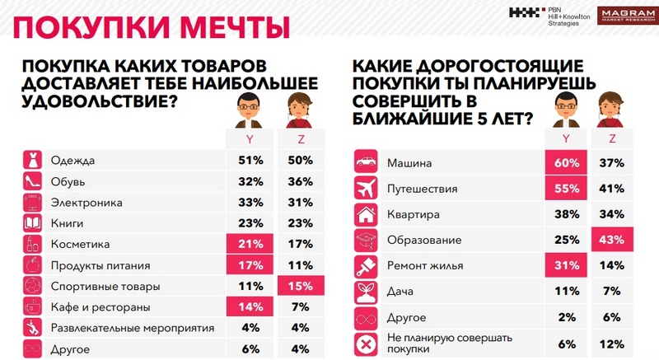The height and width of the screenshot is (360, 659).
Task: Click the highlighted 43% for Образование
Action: click(x=611, y=240)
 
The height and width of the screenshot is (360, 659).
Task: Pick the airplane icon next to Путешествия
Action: click(x=365, y=188)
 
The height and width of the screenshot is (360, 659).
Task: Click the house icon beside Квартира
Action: click(x=365, y=214)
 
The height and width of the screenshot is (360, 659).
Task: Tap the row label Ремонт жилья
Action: click(x=426, y=265)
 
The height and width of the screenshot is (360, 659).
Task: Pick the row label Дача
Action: click(x=403, y=292)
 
